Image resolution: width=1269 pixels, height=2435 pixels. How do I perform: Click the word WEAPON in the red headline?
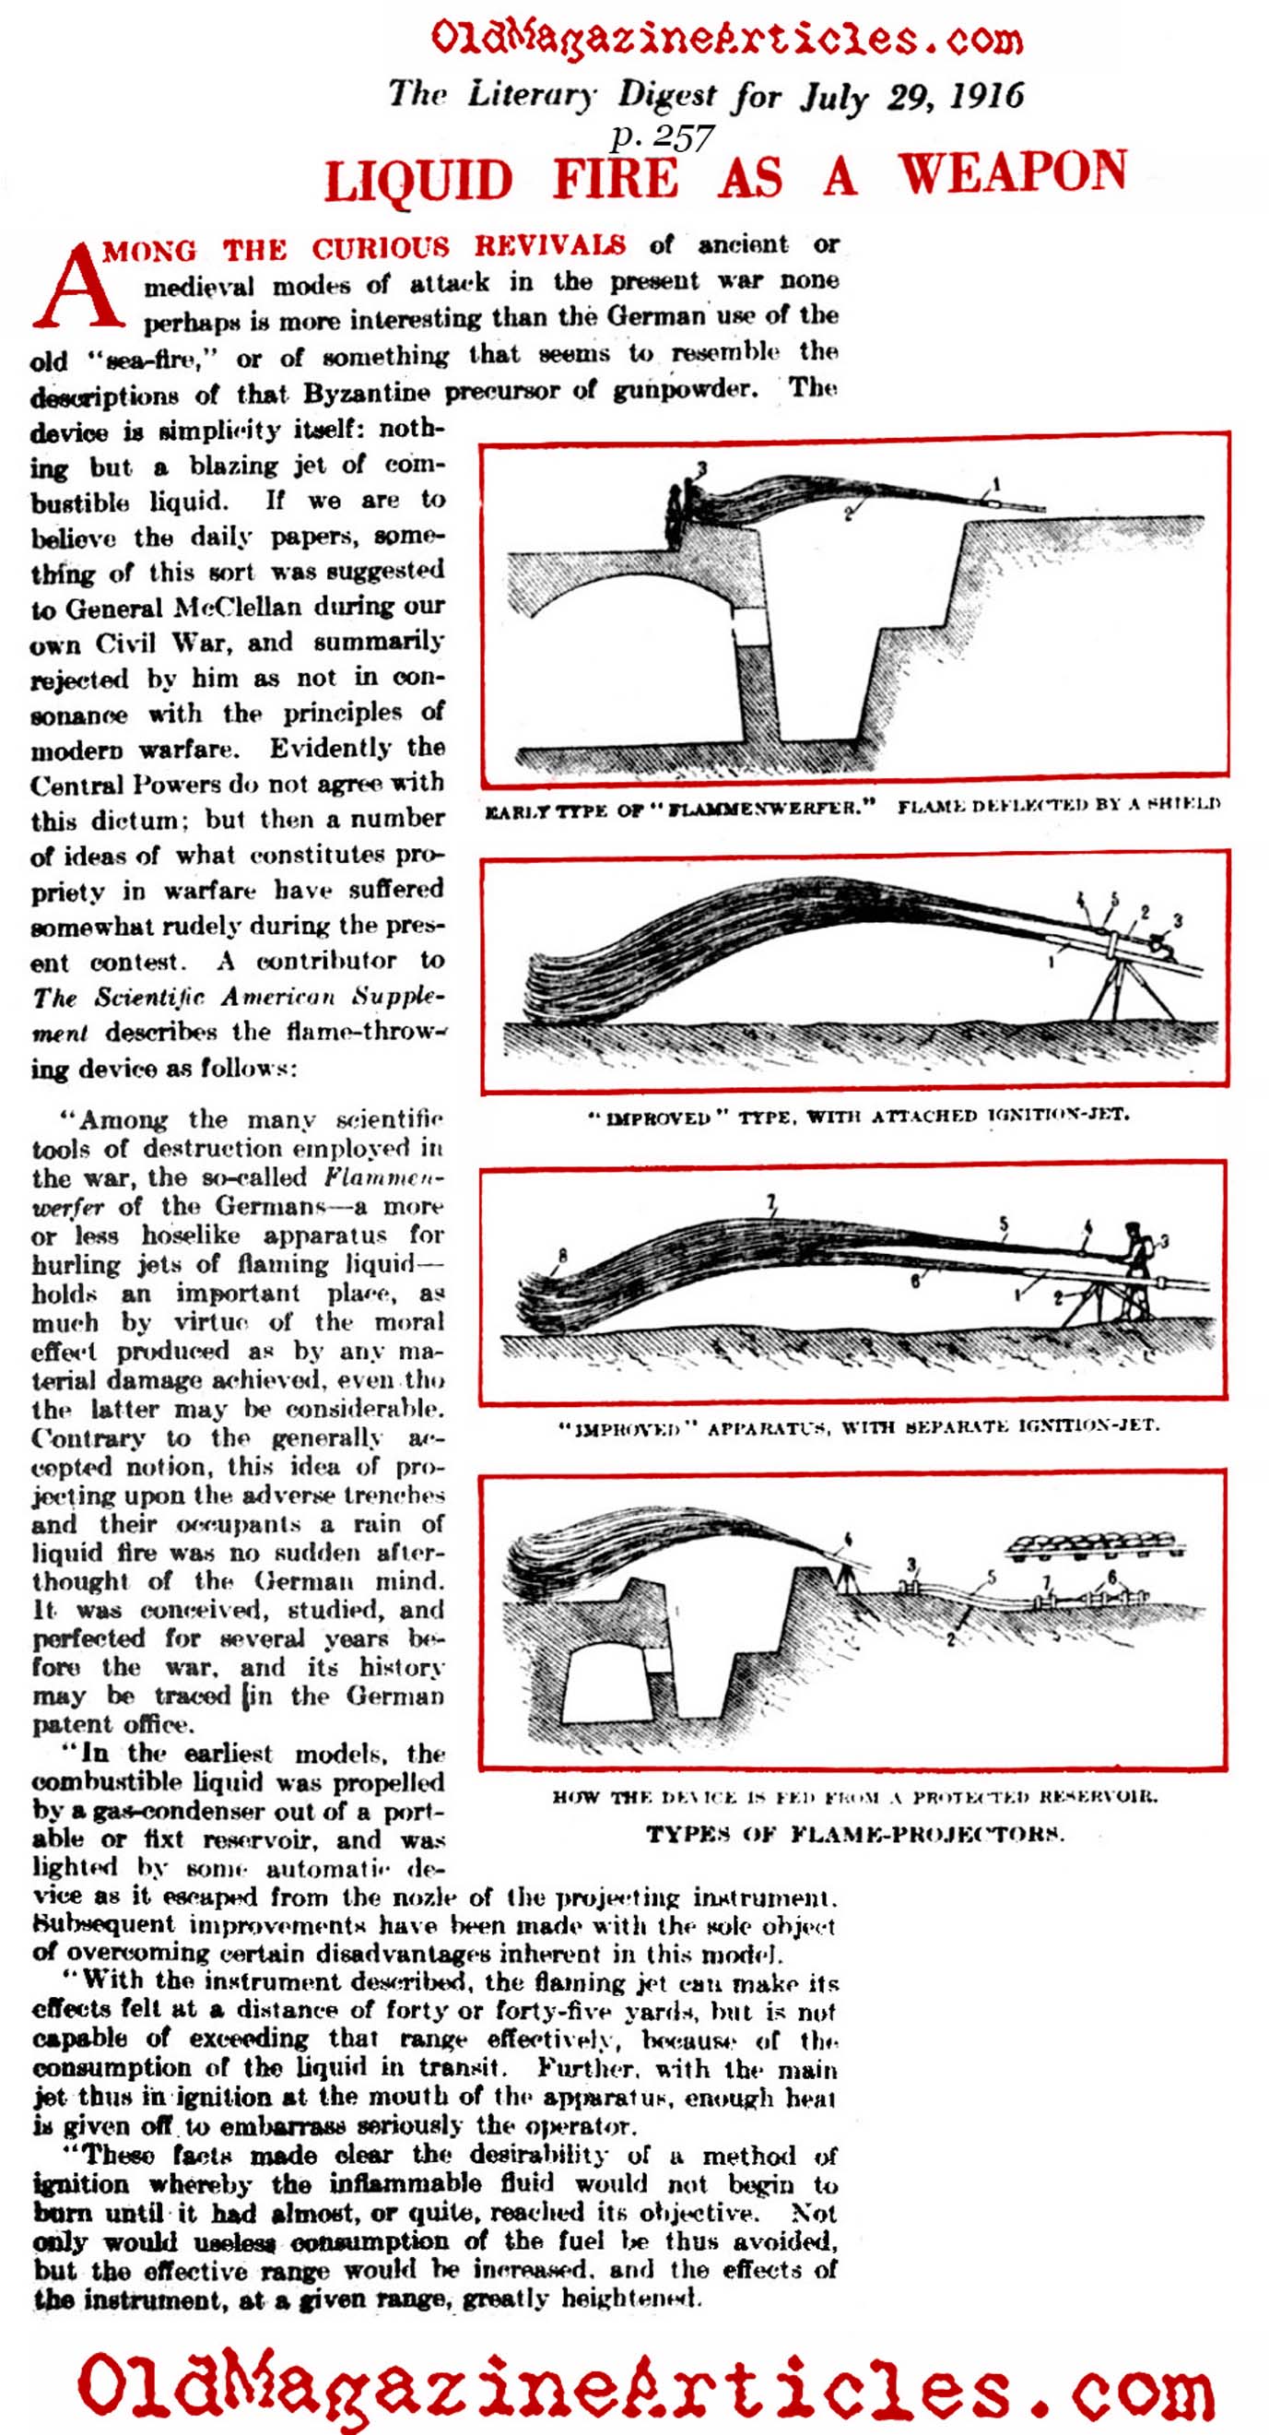[1012, 174]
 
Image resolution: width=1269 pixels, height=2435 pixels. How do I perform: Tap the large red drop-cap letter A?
[77, 286]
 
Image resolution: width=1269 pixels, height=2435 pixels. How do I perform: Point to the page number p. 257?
[662, 139]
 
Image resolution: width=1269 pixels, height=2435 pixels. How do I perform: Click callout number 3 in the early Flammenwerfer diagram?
[702, 467]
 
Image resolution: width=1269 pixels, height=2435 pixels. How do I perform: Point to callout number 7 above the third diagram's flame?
[772, 1202]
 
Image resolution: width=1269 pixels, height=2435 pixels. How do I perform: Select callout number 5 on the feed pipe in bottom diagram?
[992, 1576]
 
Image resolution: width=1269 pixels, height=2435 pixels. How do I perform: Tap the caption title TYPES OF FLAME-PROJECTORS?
[855, 1835]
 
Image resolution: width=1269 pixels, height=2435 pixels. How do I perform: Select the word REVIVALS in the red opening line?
[550, 246]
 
